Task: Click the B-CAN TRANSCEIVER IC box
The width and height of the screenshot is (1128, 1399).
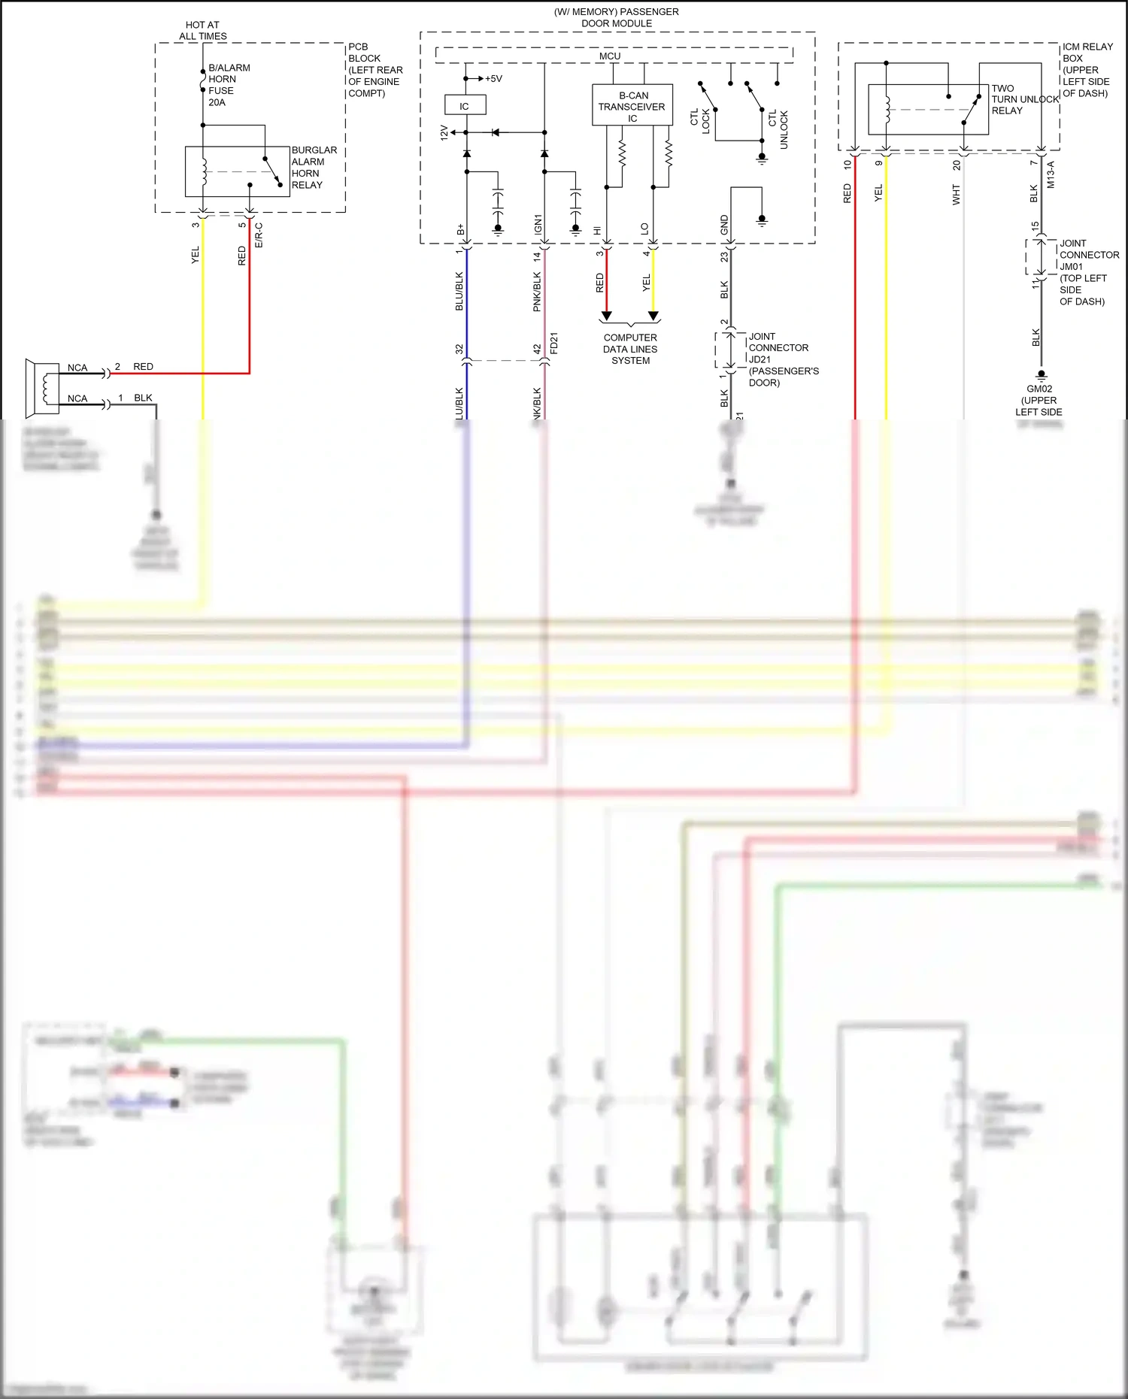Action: click(x=632, y=105)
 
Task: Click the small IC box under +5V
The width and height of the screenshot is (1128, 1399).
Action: click(x=465, y=105)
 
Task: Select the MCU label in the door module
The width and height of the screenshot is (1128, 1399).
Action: click(x=609, y=56)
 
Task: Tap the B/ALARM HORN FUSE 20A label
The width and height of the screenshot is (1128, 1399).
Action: click(x=229, y=84)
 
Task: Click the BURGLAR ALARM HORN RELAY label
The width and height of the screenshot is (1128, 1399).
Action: click(x=314, y=167)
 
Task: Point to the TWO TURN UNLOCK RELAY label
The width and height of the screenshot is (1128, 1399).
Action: click(x=1023, y=99)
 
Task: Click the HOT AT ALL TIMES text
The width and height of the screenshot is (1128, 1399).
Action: click(x=202, y=30)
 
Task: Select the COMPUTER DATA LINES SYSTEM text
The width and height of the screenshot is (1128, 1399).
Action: click(x=630, y=349)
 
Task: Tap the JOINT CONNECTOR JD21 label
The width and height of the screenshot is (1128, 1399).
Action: click(x=782, y=359)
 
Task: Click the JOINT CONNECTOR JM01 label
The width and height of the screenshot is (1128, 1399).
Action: click(x=1088, y=271)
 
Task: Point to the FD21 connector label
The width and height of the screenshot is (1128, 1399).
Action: click(x=554, y=343)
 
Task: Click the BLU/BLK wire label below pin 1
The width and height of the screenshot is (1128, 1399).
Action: click(x=459, y=291)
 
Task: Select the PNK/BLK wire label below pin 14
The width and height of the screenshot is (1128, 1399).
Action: click(x=537, y=291)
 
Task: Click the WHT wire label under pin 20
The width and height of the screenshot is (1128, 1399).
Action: click(x=956, y=195)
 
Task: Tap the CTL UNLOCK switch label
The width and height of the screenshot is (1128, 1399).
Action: click(x=778, y=129)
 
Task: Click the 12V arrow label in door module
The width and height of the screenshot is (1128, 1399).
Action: click(x=444, y=133)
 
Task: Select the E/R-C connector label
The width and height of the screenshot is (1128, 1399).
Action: click(x=259, y=235)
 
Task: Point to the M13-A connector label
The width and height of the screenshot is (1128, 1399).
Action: click(x=1051, y=174)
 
